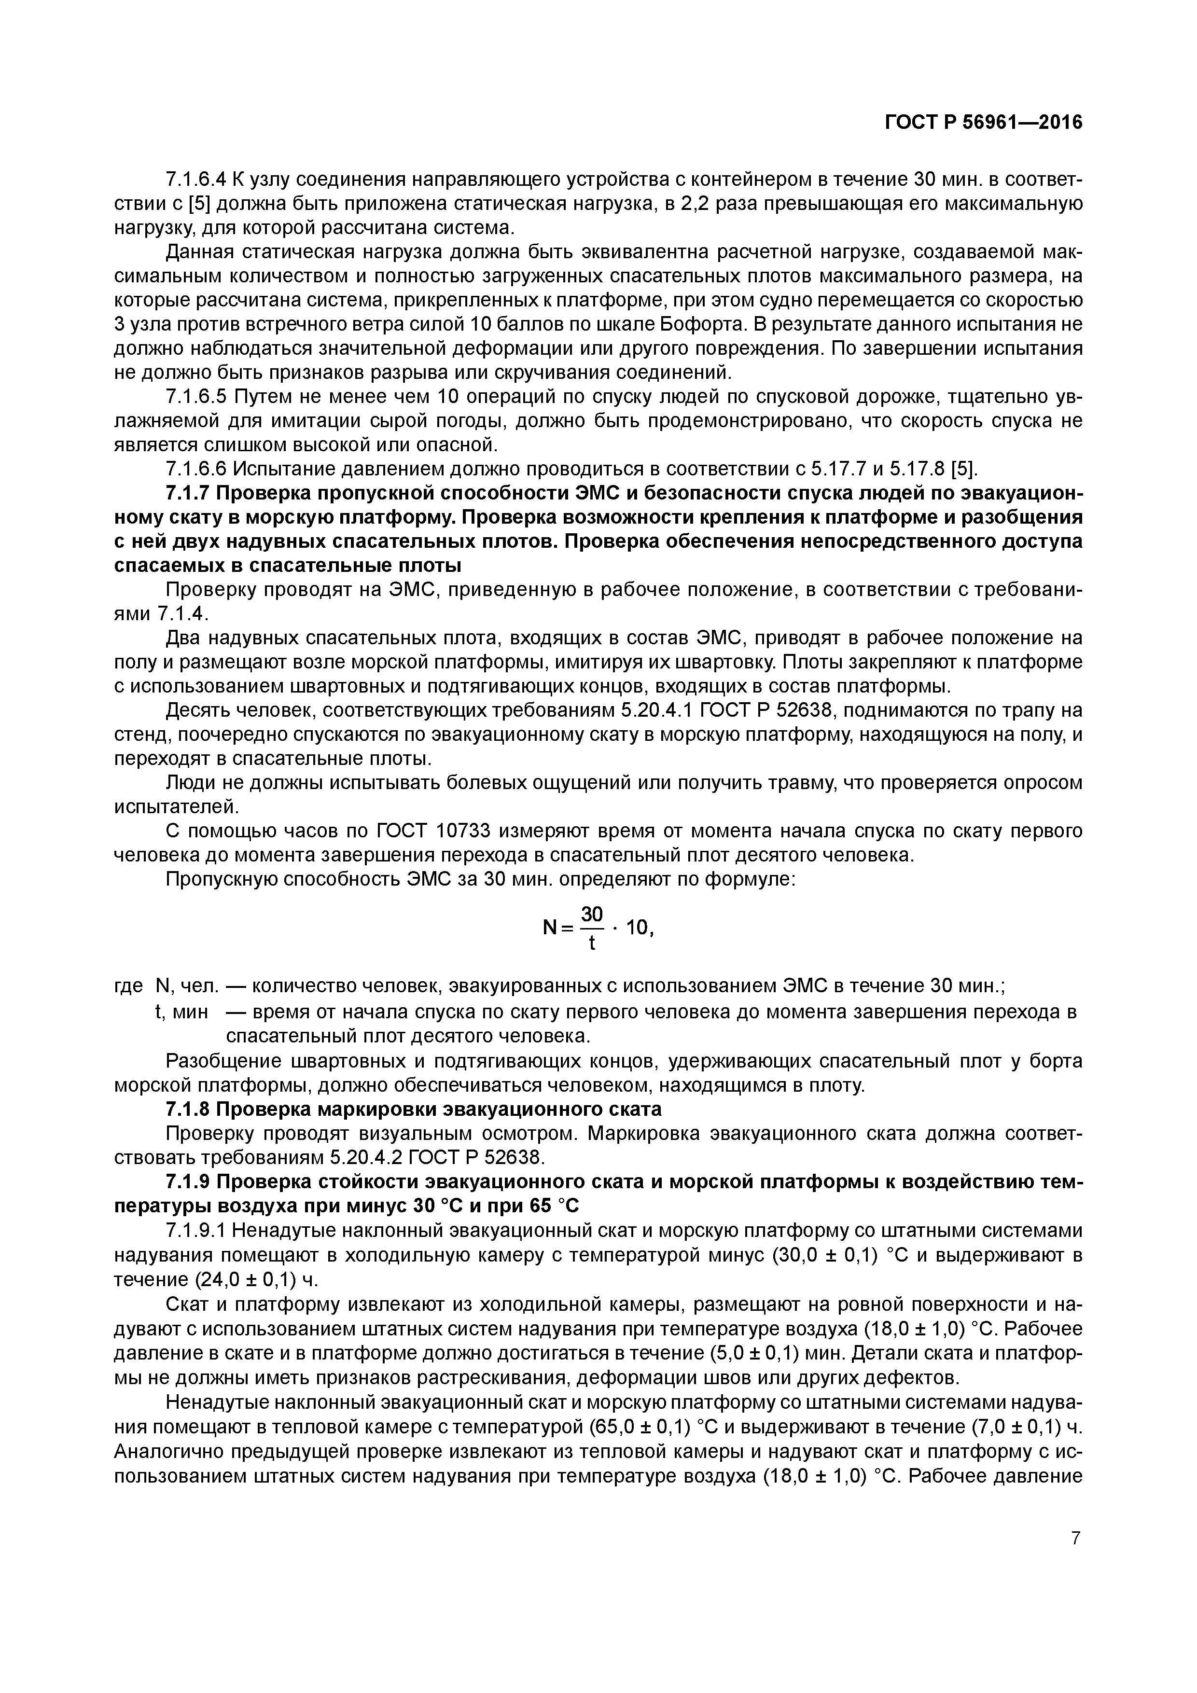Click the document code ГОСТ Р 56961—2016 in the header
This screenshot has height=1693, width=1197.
983,123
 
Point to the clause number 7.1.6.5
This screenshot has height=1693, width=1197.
195,398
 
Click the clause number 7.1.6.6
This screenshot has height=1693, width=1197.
195,469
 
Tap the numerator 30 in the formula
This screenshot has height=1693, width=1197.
592,915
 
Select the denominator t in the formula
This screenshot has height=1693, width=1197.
592,943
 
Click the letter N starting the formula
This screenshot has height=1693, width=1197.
549,929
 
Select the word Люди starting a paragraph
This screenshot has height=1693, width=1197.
191,783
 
